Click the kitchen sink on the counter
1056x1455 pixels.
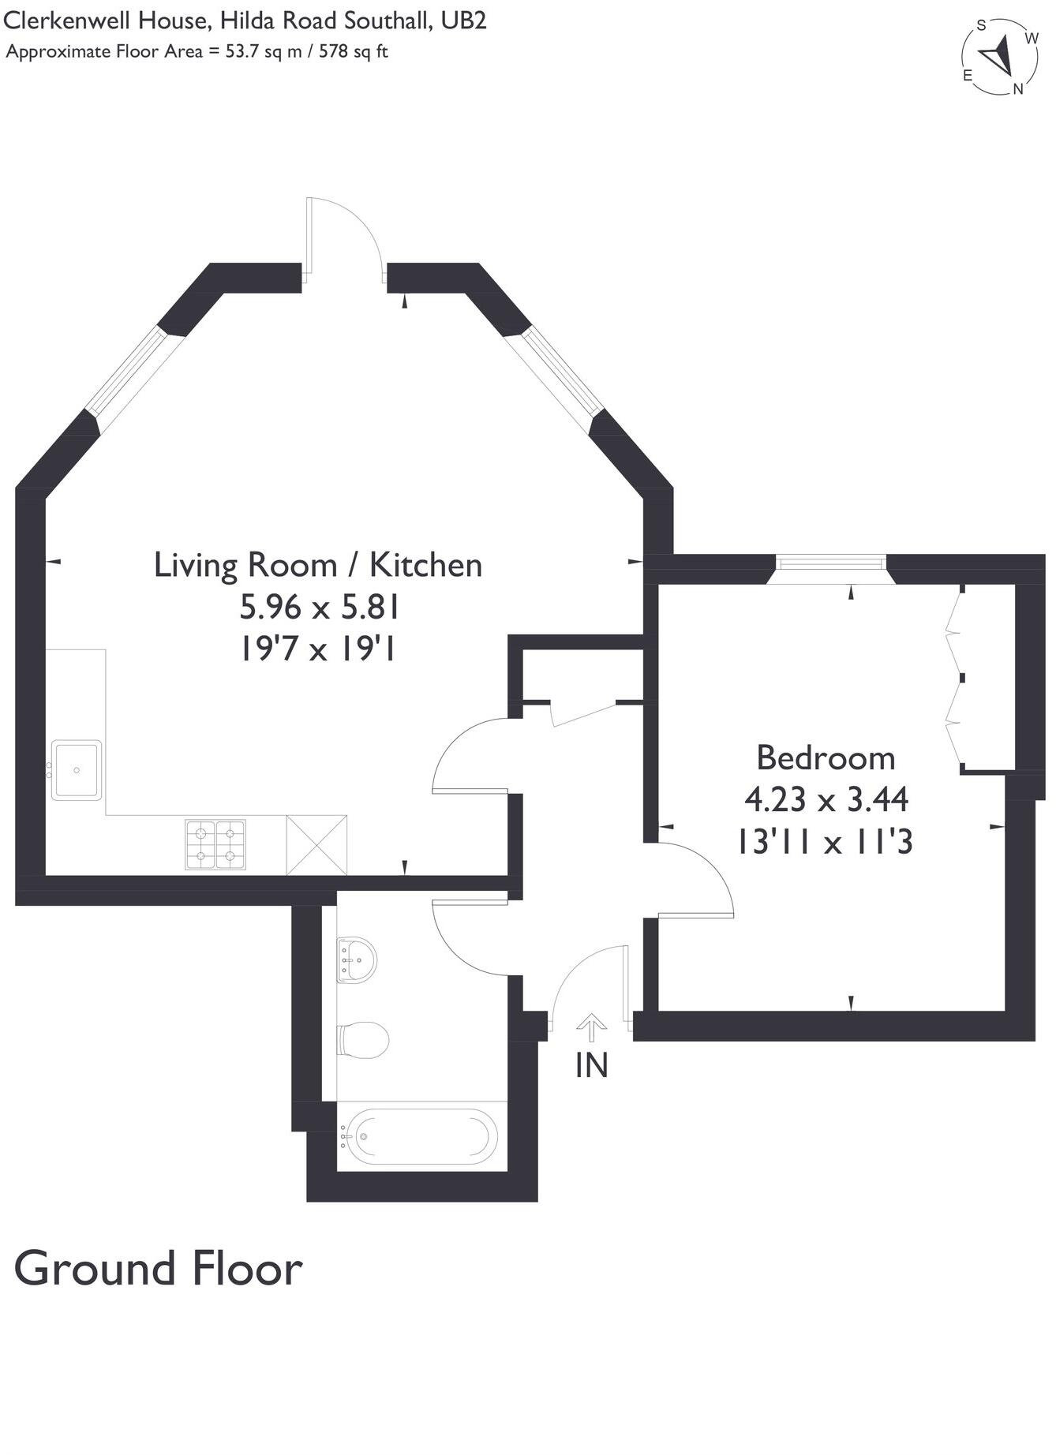77,770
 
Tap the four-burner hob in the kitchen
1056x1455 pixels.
215,845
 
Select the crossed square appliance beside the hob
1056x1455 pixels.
316,845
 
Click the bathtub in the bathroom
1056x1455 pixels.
423,1137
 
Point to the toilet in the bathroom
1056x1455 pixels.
363,1039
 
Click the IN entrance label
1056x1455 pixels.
592,1066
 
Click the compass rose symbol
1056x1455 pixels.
1000,56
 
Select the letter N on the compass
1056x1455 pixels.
1018,89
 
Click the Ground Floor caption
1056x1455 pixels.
158,1269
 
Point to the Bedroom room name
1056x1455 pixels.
826,757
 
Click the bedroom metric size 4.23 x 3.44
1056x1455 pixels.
826,799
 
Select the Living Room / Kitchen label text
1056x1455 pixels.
317,565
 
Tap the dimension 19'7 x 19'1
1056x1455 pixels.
317,649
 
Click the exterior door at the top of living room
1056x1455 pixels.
345,237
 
